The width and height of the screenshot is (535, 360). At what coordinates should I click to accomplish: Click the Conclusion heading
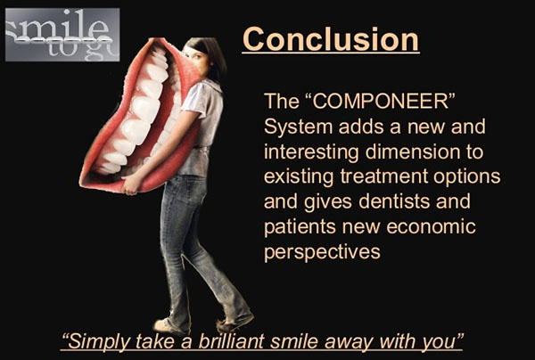331,39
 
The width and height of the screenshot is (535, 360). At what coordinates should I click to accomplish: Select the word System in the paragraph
298,127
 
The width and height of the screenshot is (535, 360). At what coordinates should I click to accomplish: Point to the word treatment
384,176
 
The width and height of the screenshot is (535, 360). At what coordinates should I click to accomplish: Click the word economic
432,226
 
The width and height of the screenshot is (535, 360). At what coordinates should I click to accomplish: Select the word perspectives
322,252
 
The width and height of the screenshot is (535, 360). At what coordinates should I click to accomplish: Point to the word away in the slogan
349,341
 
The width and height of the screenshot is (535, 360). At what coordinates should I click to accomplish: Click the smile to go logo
62,35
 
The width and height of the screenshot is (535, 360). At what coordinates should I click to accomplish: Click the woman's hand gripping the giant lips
131,184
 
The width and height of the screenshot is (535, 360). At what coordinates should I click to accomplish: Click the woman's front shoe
169,325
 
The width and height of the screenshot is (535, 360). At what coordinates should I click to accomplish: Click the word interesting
311,152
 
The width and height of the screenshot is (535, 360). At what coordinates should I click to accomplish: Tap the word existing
299,177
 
